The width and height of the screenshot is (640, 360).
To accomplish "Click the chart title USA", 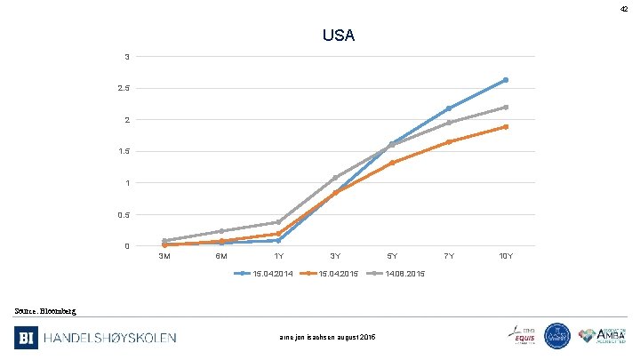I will (339, 36).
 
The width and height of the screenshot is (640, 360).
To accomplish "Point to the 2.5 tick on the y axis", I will (130, 88).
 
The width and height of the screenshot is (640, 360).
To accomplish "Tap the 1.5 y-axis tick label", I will (130, 151).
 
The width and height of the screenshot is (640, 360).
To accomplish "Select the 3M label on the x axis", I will (164, 256).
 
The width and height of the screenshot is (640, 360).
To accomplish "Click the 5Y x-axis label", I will (392, 256).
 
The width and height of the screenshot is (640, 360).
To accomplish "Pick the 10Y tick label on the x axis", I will (506, 256).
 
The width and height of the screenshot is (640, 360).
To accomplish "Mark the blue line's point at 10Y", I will (506, 80).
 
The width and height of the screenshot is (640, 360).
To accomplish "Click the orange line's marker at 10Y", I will (506, 127).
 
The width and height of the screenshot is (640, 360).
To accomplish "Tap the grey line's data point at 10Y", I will (506, 108).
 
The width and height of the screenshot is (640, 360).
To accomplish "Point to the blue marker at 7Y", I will (449, 108).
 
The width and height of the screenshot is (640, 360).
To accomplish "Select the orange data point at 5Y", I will (392, 163).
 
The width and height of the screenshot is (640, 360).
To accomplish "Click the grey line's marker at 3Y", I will (335, 178).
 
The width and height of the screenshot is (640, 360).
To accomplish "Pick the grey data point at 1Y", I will (278, 222).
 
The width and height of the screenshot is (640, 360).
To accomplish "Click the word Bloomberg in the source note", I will (60, 310).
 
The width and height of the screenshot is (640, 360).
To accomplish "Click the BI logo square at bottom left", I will (27, 337).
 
